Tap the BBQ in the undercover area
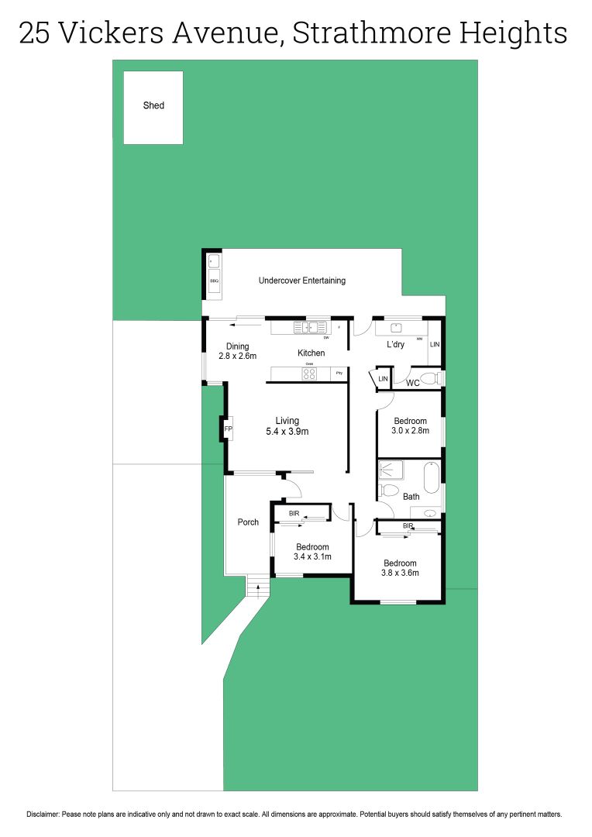215,281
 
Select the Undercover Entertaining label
301,281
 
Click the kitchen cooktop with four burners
309,374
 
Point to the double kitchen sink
310,328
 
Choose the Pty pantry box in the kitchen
339,374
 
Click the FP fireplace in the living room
228,429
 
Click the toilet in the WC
438,378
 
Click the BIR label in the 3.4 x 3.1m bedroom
294,514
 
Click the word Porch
248,522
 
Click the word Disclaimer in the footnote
46,815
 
